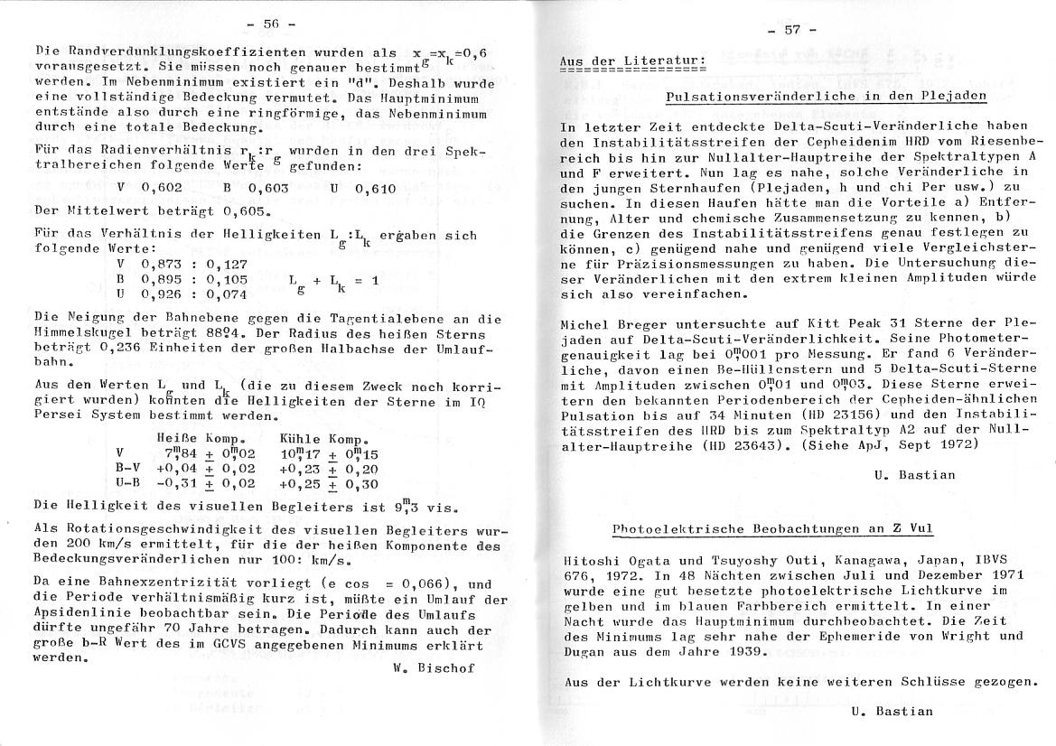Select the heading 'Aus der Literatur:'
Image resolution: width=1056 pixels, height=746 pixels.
(632, 61)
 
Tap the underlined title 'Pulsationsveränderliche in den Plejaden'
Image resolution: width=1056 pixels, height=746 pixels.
(825, 95)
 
